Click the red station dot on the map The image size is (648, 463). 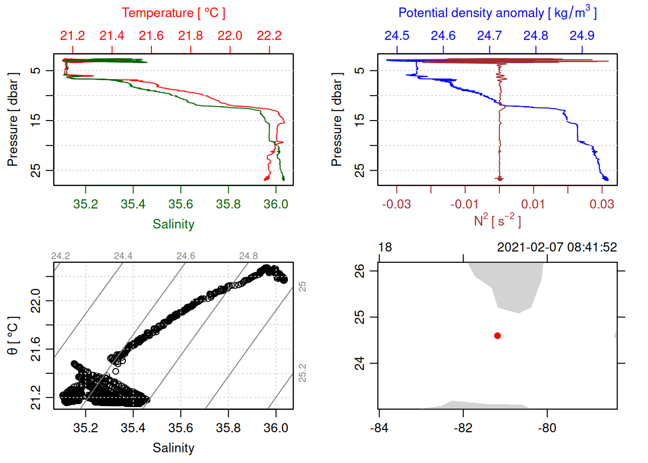coord(497,336)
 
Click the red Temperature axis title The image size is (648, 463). coord(173,13)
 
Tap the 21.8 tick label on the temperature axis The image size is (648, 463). coord(190,36)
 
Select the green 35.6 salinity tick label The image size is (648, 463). coord(180,204)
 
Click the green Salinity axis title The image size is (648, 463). coord(173,224)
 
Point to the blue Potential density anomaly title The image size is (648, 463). coord(497,13)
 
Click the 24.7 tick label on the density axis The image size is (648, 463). coord(489,36)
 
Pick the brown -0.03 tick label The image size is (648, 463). coord(396,204)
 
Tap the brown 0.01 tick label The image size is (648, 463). coord(533,204)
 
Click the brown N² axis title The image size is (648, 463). coord(497,220)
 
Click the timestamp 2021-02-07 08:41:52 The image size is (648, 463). coord(557,247)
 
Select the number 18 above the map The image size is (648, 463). coord(385,247)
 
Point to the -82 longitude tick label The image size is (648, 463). coord(463,428)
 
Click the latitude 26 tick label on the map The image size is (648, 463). coord(360,271)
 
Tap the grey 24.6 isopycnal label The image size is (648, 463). coord(186,256)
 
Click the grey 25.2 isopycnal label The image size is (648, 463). coord(302,373)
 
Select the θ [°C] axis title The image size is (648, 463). coord(13,336)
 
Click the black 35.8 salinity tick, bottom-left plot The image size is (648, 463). coord(228,428)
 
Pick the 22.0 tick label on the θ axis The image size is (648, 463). coord(36,301)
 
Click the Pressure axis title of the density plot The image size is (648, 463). coord(337,120)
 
